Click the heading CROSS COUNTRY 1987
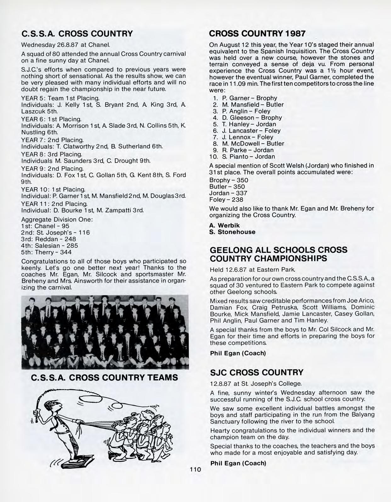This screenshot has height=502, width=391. tap(257, 33)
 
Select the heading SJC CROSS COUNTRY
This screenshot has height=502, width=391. tap(257, 372)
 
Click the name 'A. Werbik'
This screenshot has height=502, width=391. tap(224, 225)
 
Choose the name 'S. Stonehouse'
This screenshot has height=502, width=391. tap(232, 232)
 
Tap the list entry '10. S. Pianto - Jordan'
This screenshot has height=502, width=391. tap(242, 157)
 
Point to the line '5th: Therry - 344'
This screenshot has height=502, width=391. tap(46, 252)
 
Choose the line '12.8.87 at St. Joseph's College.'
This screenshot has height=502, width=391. tap(256, 384)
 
